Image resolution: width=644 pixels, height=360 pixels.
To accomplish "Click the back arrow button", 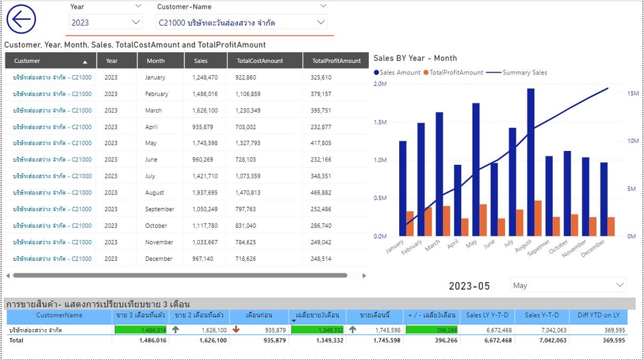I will click(21, 19).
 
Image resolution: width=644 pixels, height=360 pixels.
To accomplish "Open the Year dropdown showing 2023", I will click(105, 23).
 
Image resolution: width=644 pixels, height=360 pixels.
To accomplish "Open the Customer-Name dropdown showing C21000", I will click(241, 23).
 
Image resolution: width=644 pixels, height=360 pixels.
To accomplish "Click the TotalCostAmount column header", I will click(260, 61).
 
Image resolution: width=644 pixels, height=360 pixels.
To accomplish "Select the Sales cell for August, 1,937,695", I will click(205, 193).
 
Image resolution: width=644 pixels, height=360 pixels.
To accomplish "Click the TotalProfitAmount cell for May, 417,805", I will click(321, 143).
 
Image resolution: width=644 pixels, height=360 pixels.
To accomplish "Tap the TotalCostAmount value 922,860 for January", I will click(246, 78).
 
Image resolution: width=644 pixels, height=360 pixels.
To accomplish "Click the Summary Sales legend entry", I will click(521, 72).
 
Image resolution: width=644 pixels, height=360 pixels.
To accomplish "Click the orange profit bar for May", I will click(483, 221).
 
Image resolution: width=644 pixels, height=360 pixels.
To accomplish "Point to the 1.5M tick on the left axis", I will click(380, 122).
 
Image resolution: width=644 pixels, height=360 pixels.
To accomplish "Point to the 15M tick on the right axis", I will click(632, 94).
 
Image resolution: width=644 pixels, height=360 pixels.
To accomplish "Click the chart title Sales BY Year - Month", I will click(415, 58).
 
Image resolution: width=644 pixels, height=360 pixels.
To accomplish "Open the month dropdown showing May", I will click(568, 286).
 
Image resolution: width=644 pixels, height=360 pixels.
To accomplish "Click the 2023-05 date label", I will click(470, 286).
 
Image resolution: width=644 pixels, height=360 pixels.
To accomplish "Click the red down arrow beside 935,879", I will click(235, 330).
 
